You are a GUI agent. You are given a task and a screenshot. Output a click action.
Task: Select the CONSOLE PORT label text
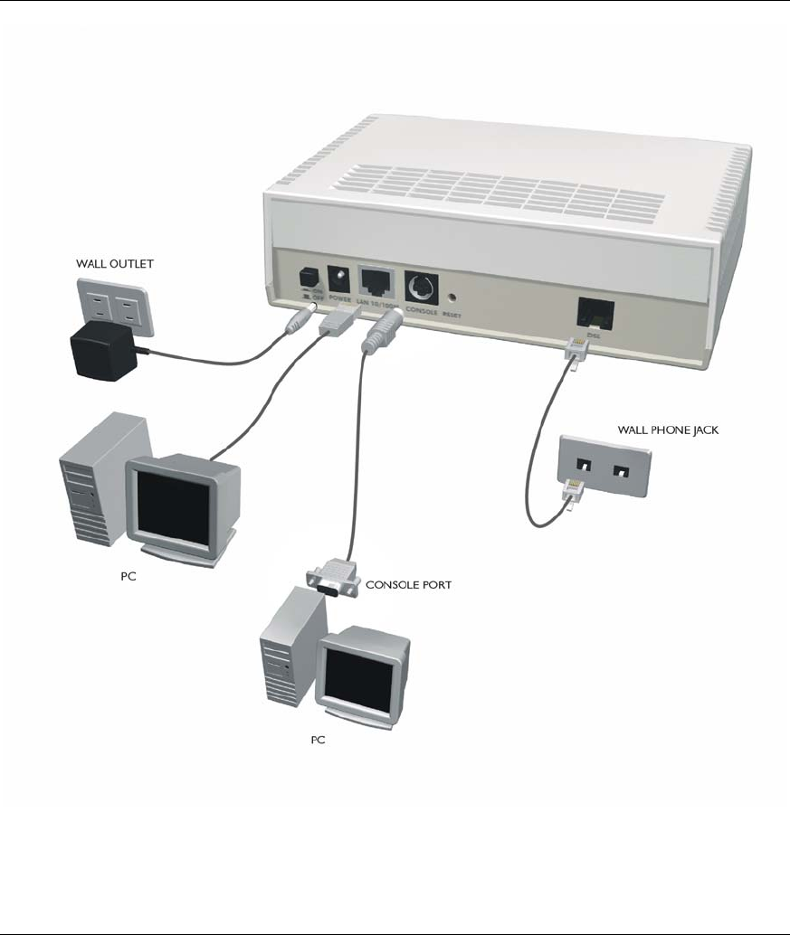pyautogui.click(x=408, y=585)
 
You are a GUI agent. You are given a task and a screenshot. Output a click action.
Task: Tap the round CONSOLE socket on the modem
pyautogui.click(x=418, y=288)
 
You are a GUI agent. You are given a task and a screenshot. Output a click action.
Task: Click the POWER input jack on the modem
pyautogui.click(x=342, y=275)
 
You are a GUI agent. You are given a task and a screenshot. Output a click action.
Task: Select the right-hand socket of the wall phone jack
pyautogui.click(x=622, y=472)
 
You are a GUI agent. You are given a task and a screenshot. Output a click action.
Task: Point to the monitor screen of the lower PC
pyautogui.click(x=359, y=677)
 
